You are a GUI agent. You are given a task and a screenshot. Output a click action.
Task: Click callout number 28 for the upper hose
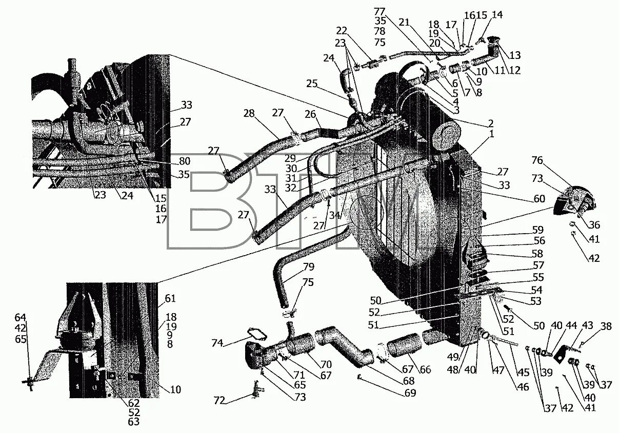pyautogui.click(x=249, y=113)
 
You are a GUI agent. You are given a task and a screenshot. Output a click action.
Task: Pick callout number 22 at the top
pyautogui.click(x=342, y=31)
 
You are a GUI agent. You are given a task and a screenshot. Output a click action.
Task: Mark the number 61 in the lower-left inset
pyautogui.click(x=170, y=299)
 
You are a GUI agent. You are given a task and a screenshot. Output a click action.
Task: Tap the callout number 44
pyautogui.click(x=570, y=325)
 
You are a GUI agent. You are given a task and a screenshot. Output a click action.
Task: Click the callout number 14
pyautogui.click(x=497, y=15)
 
